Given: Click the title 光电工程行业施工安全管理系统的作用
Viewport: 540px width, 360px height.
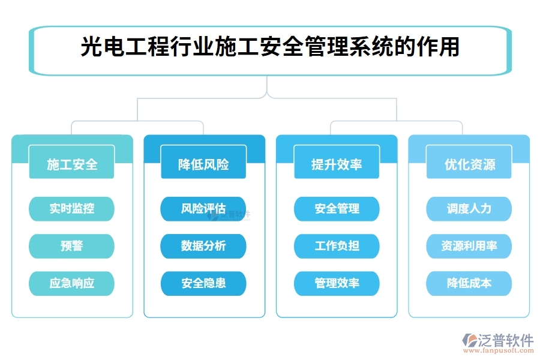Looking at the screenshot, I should click(270, 47).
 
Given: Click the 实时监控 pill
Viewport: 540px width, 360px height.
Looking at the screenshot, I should click(72, 209).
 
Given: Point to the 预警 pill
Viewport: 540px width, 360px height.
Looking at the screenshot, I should click(72, 246).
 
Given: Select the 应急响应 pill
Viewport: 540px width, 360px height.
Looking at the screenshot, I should click(72, 283).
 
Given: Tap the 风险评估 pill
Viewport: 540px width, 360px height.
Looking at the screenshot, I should click(203, 209).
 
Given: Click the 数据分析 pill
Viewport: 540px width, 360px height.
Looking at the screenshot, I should click(203, 246).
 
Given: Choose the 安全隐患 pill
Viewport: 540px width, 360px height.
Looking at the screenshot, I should click(203, 283).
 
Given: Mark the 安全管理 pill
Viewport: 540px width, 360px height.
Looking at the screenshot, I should click(337, 209).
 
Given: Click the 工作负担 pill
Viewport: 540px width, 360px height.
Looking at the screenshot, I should click(337, 246).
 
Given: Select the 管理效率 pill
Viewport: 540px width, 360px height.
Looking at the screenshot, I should click(337, 283).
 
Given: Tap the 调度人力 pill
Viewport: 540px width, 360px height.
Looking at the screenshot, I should click(469, 209).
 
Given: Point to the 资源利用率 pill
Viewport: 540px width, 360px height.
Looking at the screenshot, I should click(469, 246).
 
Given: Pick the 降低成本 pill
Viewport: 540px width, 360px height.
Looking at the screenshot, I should click(469, 283).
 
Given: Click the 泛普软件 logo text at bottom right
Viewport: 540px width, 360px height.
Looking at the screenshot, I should click(506, 340).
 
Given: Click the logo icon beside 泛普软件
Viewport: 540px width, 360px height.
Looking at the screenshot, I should click(469, 342).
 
